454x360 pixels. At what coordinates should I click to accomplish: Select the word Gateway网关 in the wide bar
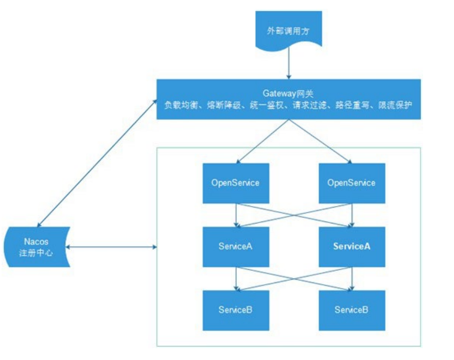coord(289,93)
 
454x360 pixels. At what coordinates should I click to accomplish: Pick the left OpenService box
coord(236,183)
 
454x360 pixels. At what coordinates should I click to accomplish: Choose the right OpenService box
coord(352,183)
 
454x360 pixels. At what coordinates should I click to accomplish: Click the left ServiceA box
coord(236,246)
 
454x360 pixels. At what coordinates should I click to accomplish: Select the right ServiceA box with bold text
coord(352,246)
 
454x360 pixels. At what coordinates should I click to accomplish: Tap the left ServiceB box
coord(236,310)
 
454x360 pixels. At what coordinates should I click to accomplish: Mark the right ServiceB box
coord(352,310)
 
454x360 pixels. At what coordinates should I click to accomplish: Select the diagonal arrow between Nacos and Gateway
coord(98,162)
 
